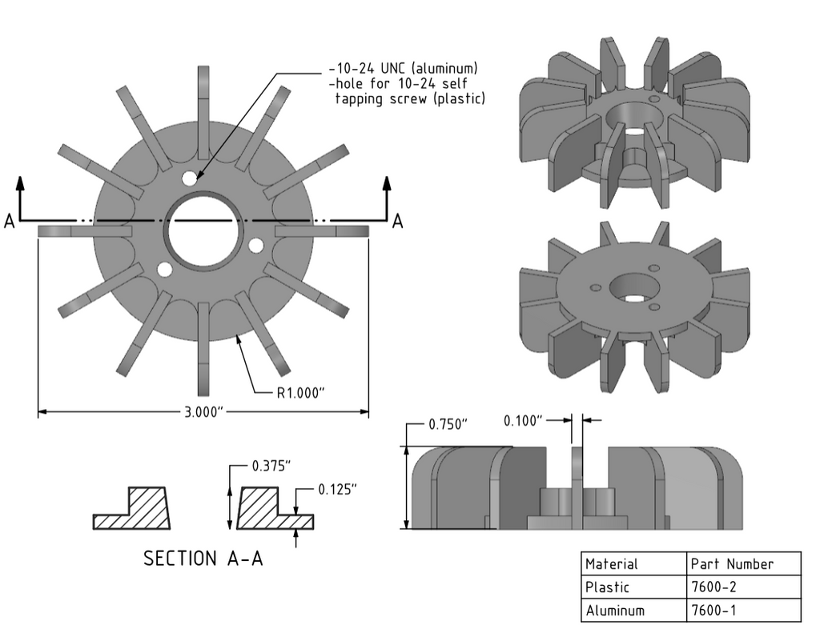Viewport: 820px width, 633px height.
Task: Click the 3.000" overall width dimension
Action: click(203, 412)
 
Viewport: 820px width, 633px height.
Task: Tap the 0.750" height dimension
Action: click(447, 424)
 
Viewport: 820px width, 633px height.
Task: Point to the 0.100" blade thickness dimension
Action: click(523, 420)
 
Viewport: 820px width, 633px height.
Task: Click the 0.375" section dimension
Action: click(271, 466)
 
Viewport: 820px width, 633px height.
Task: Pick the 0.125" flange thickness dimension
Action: click(337, 488)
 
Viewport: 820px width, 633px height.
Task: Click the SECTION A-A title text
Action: click(203, 558)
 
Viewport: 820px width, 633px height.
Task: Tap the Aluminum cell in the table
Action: click(614, 610)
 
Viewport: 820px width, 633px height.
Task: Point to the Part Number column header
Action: click(731, 563)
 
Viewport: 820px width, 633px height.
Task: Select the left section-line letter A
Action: click(9, 222)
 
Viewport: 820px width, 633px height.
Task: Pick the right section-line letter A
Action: click(397, 222)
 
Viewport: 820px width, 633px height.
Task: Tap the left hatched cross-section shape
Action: click(133, 509)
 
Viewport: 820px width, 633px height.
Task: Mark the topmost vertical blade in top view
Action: click(203, 96)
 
